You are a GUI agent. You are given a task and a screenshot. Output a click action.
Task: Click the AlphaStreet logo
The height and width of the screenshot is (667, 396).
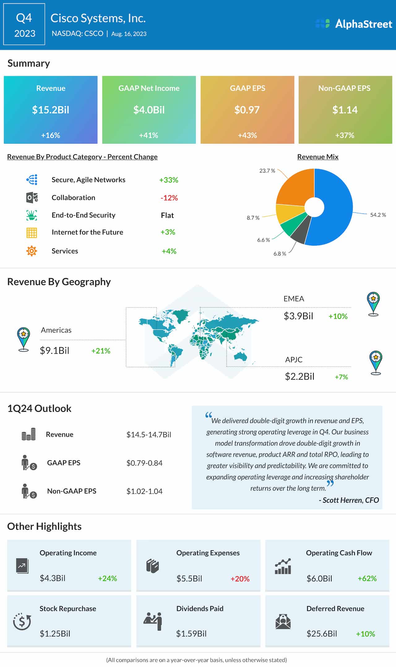pyautogui.click(x=354, y=24)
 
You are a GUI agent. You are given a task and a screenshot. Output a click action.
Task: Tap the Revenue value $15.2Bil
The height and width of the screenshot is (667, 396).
pyautogui.click(x=51, y=110)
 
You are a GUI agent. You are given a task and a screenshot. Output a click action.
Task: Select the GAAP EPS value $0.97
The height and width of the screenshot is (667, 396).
pyautogui.click(x=247, y=110)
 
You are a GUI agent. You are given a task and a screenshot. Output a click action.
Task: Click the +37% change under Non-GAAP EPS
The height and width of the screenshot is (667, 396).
pyautogui.click(x=345, y=135)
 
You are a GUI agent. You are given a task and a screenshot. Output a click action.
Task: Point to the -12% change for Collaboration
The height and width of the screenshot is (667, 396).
pyautogui.click(x=169, y=198)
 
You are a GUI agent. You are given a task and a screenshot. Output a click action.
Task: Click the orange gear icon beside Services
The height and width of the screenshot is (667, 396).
pyautogui.click(x=32, y=251)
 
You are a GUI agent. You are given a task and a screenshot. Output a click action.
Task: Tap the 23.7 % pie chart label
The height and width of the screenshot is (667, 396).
pyautogui.click(x=267, y=171)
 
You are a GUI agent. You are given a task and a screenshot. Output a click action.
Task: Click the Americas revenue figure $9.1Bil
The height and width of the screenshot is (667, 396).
pyautogui.click(x=54, y=351)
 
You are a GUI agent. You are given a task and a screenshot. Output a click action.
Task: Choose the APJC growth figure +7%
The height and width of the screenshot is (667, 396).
pyautogui.click(x=341, y=377)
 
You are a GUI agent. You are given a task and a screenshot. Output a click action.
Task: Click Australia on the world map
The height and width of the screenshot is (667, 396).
pyautogui.click(x=240, y=356)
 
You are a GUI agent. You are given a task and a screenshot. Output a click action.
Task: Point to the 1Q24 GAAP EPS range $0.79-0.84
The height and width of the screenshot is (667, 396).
pyautogui.click(x=144, y=463)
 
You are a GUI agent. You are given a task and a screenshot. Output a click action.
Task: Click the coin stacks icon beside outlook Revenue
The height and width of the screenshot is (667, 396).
pyautogui.click(x=28, y=434)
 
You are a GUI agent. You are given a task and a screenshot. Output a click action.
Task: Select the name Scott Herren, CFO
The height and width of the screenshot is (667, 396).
pyautogui.click(x=349, y=500)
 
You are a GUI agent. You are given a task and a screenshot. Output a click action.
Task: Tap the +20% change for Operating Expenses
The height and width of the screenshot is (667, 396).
pyautogui.click(x=240, y=579)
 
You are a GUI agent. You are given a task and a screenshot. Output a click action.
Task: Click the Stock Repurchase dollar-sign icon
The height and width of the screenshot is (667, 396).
pyautogui.click(x=22, y=621)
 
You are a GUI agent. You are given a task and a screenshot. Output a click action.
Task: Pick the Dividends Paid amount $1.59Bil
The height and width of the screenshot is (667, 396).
pyautogui.click(x=191, y=634)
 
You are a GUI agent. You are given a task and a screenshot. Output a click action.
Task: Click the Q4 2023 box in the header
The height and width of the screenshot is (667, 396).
pyautogui.click(x=24, y=25)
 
